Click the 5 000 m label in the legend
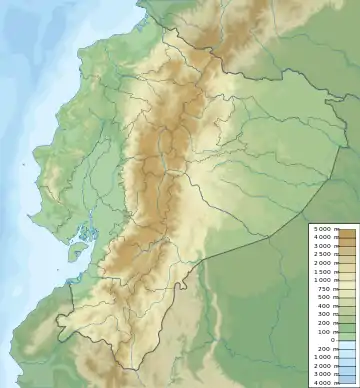[323, 229]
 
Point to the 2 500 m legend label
[323, 254]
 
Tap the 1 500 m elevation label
[323, 271]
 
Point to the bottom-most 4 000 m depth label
[323, 383]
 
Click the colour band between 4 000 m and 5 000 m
[347, 233]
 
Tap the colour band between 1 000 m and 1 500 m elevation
[347, 275]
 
